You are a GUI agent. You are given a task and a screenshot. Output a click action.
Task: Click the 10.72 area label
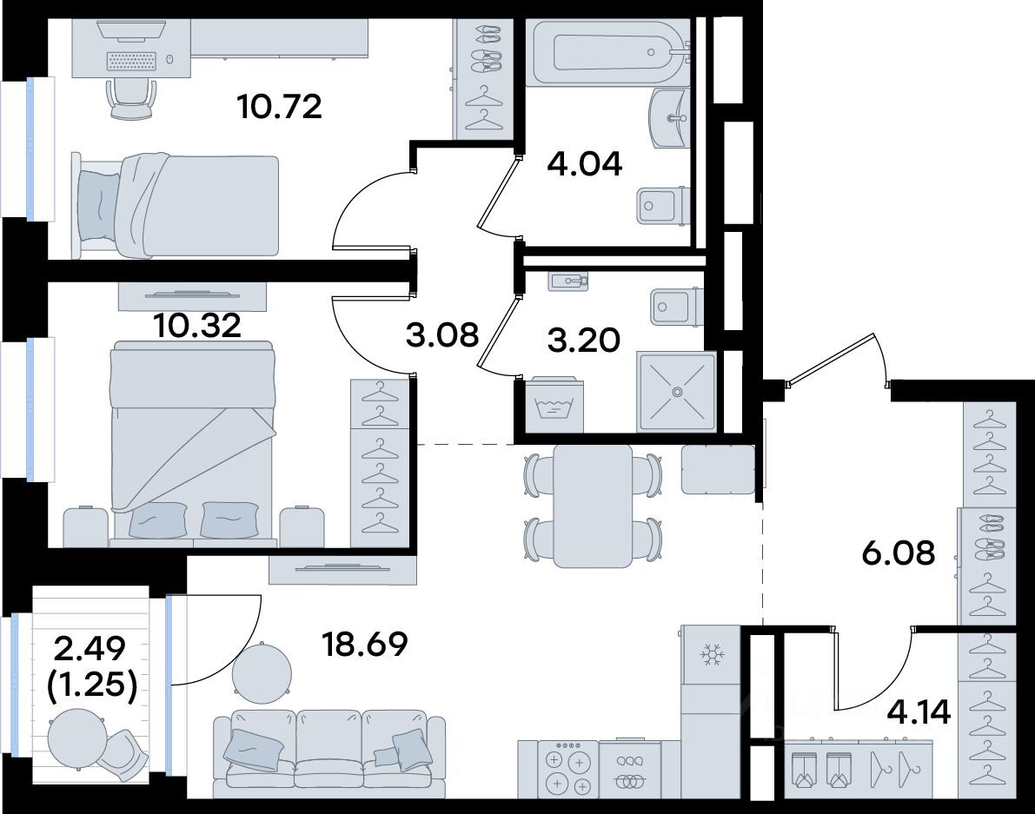[x=280, y=106]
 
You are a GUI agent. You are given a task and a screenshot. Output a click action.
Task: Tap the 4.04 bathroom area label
[x=585, y=163]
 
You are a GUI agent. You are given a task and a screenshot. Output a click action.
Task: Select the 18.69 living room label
[x=364, y=644]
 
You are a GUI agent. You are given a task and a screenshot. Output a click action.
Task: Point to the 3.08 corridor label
[x=442, y=335]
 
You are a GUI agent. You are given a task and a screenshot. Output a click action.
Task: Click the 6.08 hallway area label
[x=899, y=553]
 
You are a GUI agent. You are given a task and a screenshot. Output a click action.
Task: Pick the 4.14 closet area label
[x=919, y=711]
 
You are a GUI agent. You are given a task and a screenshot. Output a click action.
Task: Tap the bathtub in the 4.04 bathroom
[x=608, y=52]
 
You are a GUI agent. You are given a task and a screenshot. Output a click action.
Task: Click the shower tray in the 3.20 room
[x=677, y=392]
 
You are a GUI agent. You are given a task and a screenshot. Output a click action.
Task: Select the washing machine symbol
[x=549, y=405]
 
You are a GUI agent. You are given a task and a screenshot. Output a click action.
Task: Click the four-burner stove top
[x=567, y=769]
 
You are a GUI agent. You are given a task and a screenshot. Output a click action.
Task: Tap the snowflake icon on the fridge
[x=712, y=655]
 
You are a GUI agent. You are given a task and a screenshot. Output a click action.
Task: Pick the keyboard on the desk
[x=132, y=61]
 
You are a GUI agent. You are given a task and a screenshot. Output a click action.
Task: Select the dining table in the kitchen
[x=593, y=506]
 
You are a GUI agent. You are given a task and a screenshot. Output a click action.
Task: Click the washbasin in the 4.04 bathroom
[x=670, y=119]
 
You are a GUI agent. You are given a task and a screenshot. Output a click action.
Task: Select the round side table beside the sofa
[x=262, y=674]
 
